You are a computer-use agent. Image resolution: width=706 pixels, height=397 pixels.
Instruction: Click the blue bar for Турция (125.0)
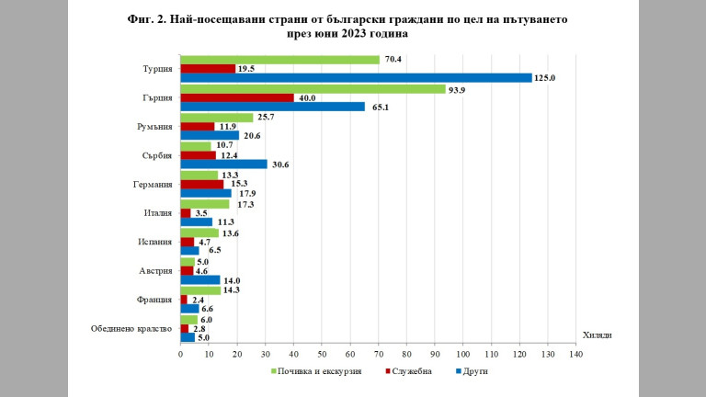pos(356,78)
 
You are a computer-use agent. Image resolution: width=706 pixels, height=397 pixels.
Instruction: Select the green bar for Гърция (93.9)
pos(312,89)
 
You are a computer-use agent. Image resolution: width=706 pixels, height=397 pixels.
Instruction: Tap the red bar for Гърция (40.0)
pos(236,97)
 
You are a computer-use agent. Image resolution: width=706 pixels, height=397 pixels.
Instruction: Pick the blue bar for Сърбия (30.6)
pos(223,164)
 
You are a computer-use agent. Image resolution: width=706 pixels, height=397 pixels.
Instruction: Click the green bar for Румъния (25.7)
pos(216,118)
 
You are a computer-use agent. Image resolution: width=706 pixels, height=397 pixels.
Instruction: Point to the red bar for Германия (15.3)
pos(201,184)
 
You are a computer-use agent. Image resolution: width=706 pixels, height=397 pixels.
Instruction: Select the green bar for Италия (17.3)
pos(204,204)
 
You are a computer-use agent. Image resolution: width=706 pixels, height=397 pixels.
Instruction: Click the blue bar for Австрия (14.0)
pos(199,279)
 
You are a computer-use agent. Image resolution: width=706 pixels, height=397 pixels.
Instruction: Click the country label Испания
pos(153,242)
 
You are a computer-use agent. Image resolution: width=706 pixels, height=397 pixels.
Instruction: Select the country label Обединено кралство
pos(131,328)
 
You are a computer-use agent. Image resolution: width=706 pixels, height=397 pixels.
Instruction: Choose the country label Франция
pos(154,300)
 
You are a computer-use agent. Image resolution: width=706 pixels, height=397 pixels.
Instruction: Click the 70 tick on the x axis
pos(378,354)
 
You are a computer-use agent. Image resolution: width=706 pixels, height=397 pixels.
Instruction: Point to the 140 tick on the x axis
pos(575,354)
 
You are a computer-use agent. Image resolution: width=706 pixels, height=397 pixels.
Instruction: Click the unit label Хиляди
pos(598,335)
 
